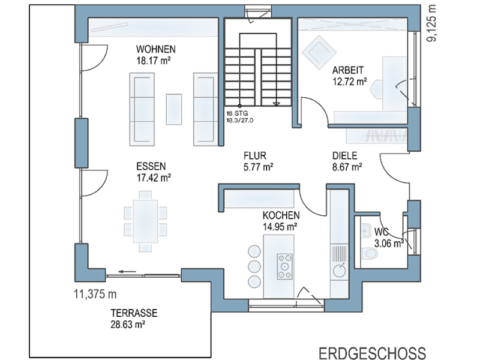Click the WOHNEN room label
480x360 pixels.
pos(156,49)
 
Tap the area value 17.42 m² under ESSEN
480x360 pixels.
pos(154,178)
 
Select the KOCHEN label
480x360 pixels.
pos(281,215)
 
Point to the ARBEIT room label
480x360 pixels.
pos(348,70)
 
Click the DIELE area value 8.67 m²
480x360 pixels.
pos(347,167)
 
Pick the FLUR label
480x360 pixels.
pos(255,155)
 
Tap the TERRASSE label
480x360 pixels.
pos(134,313)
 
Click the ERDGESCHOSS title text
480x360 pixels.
pos(372,353)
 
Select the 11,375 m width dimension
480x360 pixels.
pos(95,294)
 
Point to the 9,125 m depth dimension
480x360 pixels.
pos(432,23)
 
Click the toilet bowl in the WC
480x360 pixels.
pos(370,253)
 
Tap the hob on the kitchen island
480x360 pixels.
pos(284,266)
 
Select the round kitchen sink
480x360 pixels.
pos(340,271)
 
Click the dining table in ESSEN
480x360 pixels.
pos(145,221)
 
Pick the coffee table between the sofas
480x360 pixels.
pos(174,109)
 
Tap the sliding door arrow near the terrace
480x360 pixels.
pos(127,271)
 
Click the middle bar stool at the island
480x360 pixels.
pos(254,266)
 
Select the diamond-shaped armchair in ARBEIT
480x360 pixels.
pos(319,52)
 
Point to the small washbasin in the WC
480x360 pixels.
pos(366,230)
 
